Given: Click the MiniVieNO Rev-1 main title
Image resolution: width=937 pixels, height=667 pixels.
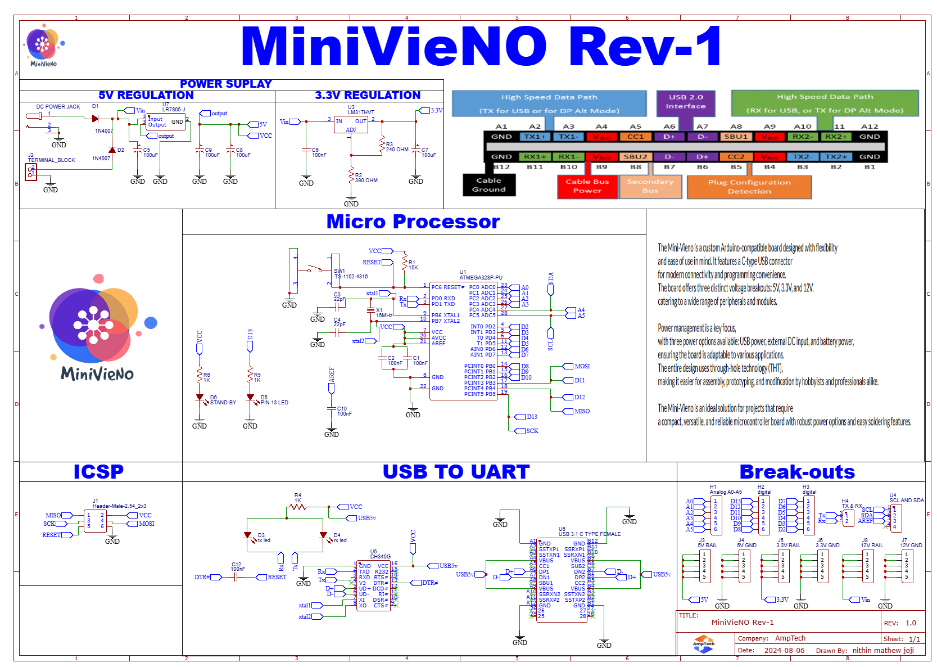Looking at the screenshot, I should tap(481, 46).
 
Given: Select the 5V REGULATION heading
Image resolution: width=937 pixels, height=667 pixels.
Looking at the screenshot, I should tap(146, 95).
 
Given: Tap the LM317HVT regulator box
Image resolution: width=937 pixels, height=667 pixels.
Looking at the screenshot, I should tap(351, 125).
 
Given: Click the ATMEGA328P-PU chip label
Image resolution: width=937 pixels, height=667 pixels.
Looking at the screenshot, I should tap(481, 277).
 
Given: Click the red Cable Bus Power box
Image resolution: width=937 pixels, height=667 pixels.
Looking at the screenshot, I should tap(587, 186).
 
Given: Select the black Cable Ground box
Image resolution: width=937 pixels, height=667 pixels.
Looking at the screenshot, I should tap(488, 185).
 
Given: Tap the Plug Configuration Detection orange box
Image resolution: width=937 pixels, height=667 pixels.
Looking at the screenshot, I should tap(749, 187).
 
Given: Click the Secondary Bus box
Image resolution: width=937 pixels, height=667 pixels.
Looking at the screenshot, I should tap(650, 186).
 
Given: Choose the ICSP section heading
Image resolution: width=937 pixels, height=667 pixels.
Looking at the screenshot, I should tap(98, 471).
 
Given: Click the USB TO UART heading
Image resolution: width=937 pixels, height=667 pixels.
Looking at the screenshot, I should tap(456, 471).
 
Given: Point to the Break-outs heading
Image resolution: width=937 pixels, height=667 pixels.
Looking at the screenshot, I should tap(796, 471).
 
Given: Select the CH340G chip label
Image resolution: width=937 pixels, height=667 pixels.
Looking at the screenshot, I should tap(380, 556).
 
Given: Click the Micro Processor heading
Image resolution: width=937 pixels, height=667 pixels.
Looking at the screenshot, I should tap(413, 222).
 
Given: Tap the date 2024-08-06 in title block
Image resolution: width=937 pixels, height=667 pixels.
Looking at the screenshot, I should tap(784, 650).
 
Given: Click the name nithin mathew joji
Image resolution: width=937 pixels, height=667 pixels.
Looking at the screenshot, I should tap(883, 650).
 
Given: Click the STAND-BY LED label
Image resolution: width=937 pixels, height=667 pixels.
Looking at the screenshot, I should tap(223, 402).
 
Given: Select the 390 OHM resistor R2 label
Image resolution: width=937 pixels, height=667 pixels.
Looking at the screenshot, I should tap(366, 181).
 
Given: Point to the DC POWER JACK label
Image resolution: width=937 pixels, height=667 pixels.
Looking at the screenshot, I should tap(58, 106).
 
